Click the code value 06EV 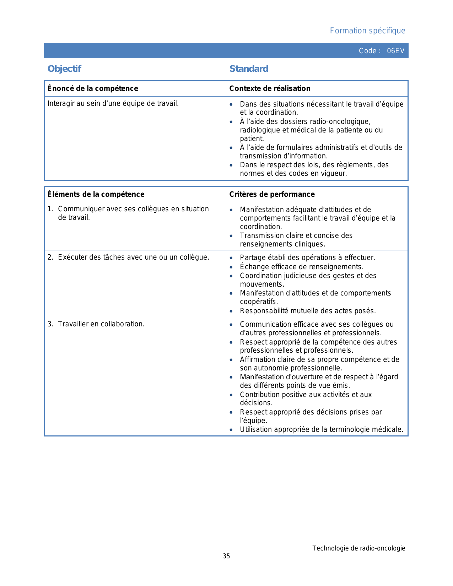click(395, 51)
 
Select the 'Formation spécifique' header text click(367, 31)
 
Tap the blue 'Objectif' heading click(64, 69)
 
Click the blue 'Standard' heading click(249, 69)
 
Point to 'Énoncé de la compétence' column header click(93, 88)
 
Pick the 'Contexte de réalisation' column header click(270, 88)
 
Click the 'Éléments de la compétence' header click(96, 194)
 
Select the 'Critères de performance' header click(272, 194)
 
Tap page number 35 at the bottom click(226, 556)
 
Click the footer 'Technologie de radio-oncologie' click(358, 548)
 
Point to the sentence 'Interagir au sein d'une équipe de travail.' click(113, 104)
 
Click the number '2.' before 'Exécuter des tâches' click(50, 257)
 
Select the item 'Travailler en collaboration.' click(101, 324)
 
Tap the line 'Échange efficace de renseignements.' click(302, 267)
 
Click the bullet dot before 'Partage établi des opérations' click(231, 258)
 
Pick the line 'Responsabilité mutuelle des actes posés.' click(308, 311)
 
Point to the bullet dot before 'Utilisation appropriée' click(231, 430)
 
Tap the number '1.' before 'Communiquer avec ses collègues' click(50, 209)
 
